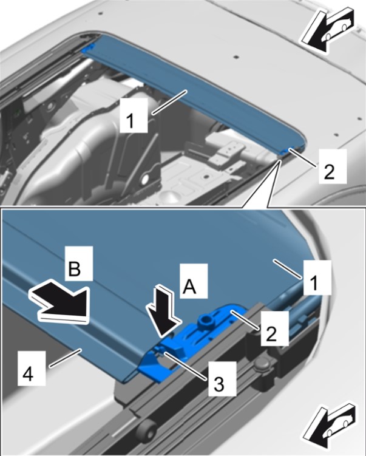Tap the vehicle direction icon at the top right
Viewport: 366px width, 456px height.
327,30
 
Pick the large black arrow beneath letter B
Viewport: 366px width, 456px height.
59,301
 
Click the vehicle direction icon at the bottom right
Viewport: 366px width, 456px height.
328,426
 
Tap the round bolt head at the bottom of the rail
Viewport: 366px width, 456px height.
146,427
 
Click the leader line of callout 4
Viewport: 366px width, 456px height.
64,358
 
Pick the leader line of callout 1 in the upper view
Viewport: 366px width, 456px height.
169,102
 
